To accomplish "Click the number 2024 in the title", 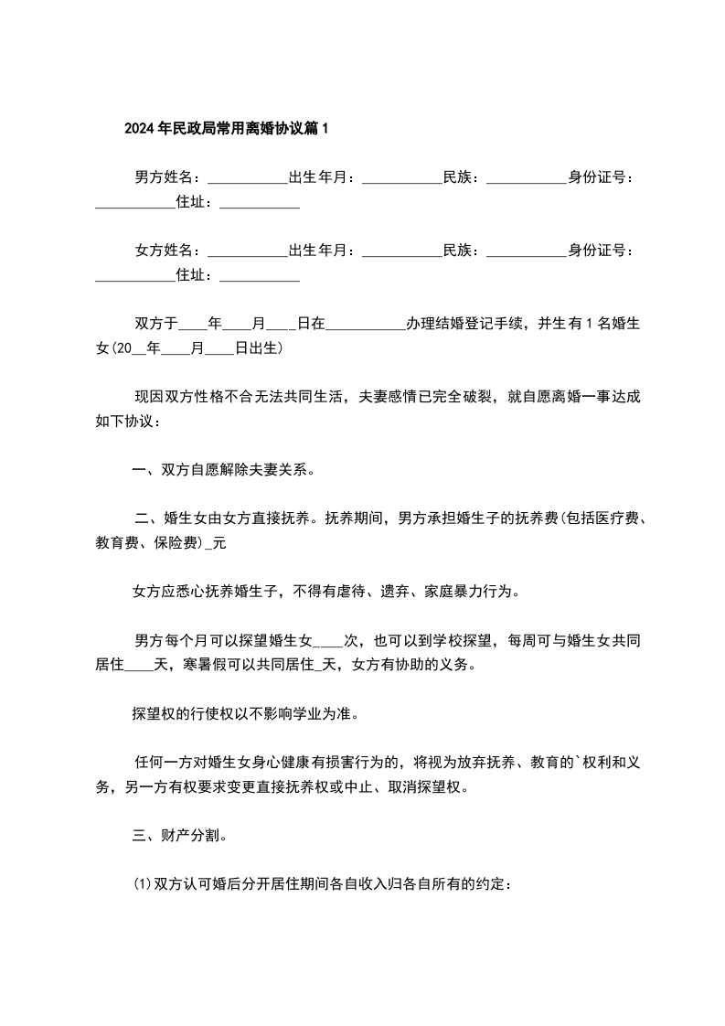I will [x=140, y=129].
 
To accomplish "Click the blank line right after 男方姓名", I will [x=247, y=179].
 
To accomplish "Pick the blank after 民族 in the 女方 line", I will [x=526, y=252].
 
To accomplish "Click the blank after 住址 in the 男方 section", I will [x=260, y=204].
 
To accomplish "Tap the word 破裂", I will [x=476, y=397].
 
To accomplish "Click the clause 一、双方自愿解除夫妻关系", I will [x=223, y=470].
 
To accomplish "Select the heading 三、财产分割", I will [x=174, y=835].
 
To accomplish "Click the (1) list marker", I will [x=142, y=884].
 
